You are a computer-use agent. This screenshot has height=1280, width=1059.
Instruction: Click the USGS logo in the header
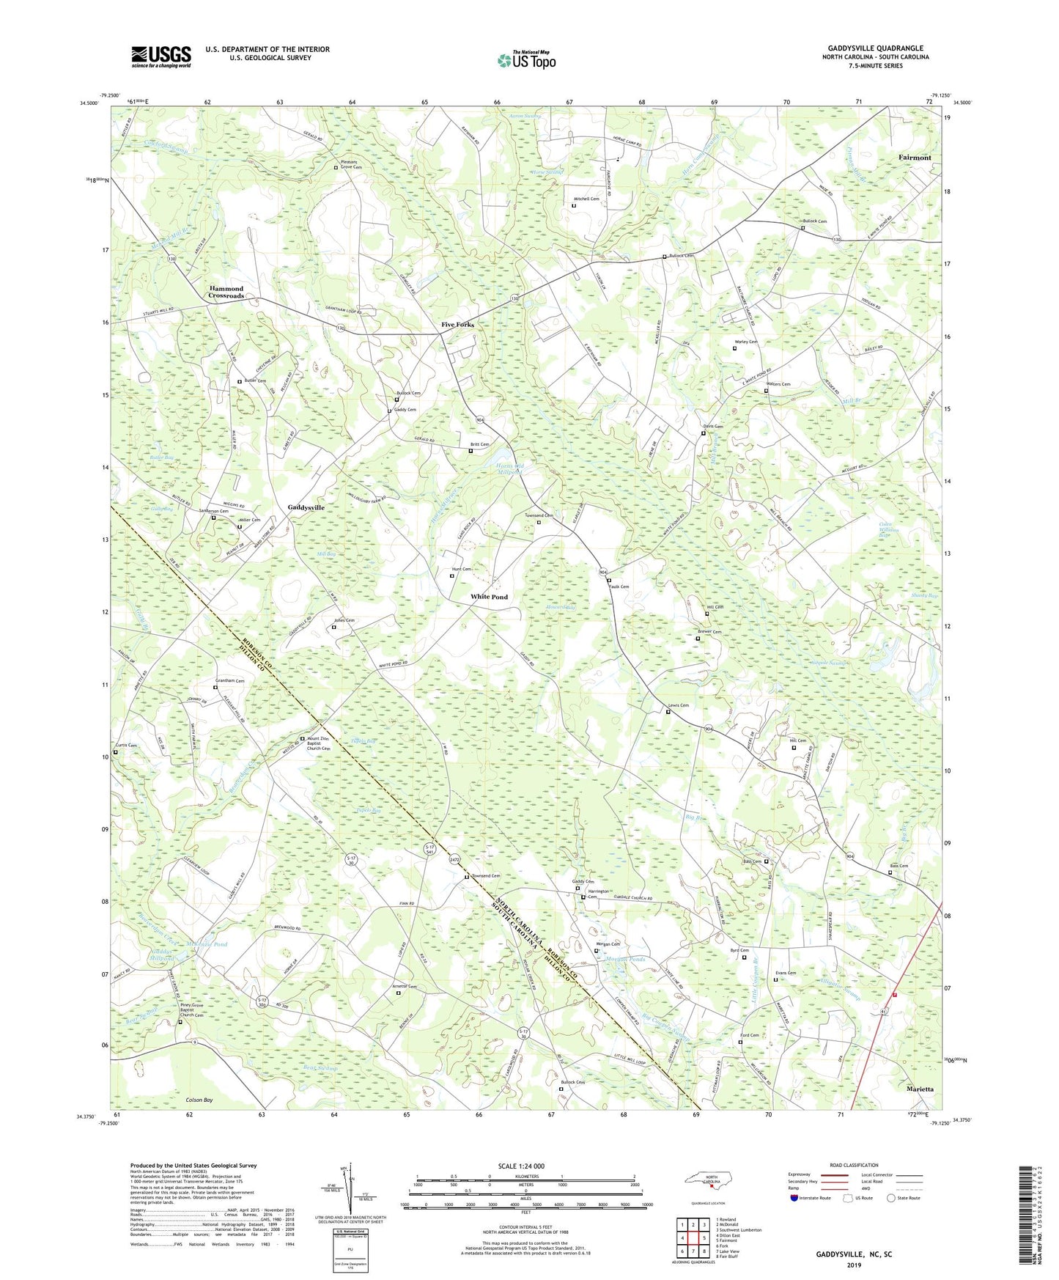[161, 56]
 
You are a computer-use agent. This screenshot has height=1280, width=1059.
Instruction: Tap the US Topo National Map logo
[526, 59]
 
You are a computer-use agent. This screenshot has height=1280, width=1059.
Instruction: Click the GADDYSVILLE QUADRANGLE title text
[875, 48]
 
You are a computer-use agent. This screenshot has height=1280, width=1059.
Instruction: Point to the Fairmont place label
[915, 158]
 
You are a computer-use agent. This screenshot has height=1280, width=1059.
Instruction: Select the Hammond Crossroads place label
[226, 292]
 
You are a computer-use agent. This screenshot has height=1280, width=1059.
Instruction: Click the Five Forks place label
[457, 324]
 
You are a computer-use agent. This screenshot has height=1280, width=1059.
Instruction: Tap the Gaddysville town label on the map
[306, 507]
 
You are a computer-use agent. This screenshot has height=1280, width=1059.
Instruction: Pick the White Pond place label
[489, 597]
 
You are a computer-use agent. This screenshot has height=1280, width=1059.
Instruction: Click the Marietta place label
[920, 1089]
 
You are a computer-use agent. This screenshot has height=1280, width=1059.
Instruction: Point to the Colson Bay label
[199, 1100]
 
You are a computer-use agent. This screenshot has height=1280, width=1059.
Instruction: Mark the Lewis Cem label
[678, 705]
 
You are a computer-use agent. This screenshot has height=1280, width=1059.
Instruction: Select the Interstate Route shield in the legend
[795, 1199]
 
